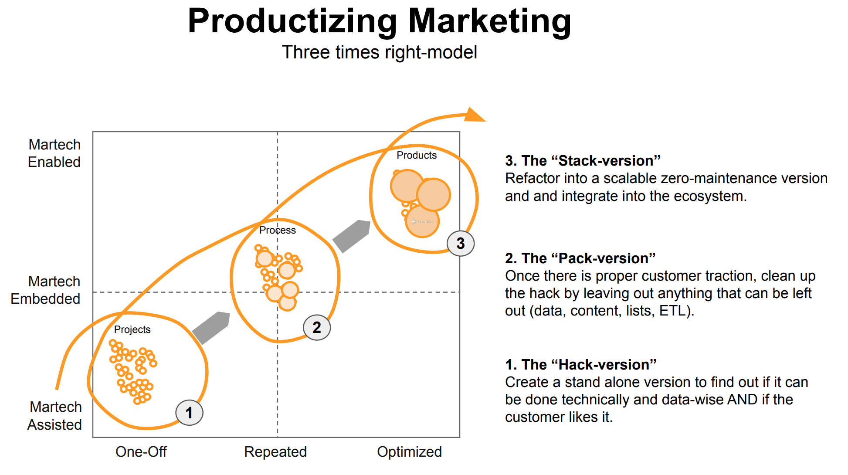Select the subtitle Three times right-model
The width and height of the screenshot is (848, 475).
(x=380, y=52)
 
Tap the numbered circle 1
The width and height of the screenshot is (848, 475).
(x=189, y=413)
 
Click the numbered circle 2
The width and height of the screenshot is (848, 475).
(x=317, y=327)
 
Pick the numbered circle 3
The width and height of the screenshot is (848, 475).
(x=461, y=243)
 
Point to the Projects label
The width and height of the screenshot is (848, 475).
(x=132, y=329)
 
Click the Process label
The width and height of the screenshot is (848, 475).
(x=278, y=230)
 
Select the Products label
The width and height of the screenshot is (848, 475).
(x=417, y=155)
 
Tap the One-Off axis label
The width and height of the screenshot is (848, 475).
(x=141, y=452)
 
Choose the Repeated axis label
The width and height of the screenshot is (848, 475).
(x=275, y=452)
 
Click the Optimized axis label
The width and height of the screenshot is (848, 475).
(x=410, y=452)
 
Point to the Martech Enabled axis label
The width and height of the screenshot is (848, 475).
(x=54, y=153)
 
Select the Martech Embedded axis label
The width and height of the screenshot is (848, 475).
(x=45, y=290)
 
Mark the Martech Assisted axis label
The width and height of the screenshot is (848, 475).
(x=55, y=415)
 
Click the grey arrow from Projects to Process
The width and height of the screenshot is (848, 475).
(x=211, y=328)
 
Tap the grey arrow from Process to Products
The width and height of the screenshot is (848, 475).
(x=352, y=236)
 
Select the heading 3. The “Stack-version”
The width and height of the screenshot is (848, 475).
(x=583, y=161)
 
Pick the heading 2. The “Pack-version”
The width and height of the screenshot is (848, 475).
(x=580, y=258)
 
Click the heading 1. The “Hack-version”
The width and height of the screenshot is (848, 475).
(x=580, y=365)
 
